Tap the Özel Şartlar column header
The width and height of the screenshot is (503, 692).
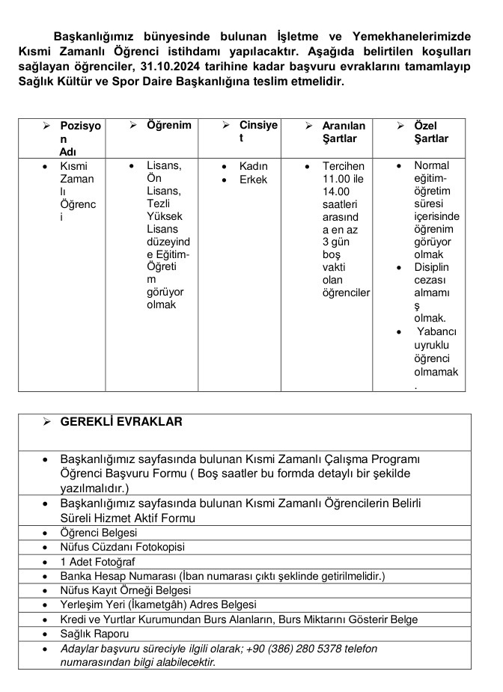(x=430, y=132)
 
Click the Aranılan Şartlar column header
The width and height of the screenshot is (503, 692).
(x=344, y=132)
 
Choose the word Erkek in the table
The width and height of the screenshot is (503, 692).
(x=253, y=180)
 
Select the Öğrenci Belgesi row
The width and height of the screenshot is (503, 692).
(x=99, y=533)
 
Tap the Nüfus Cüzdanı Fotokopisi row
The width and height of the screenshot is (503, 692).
(x=122, y=547)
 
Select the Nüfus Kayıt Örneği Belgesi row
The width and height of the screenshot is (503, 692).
(x=126, y=590)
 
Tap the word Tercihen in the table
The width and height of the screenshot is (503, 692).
(x=344, y=165)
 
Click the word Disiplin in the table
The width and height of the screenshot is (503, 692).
(x=432, y=267)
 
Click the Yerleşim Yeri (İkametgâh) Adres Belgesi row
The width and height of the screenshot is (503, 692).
(x=158, y=604)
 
